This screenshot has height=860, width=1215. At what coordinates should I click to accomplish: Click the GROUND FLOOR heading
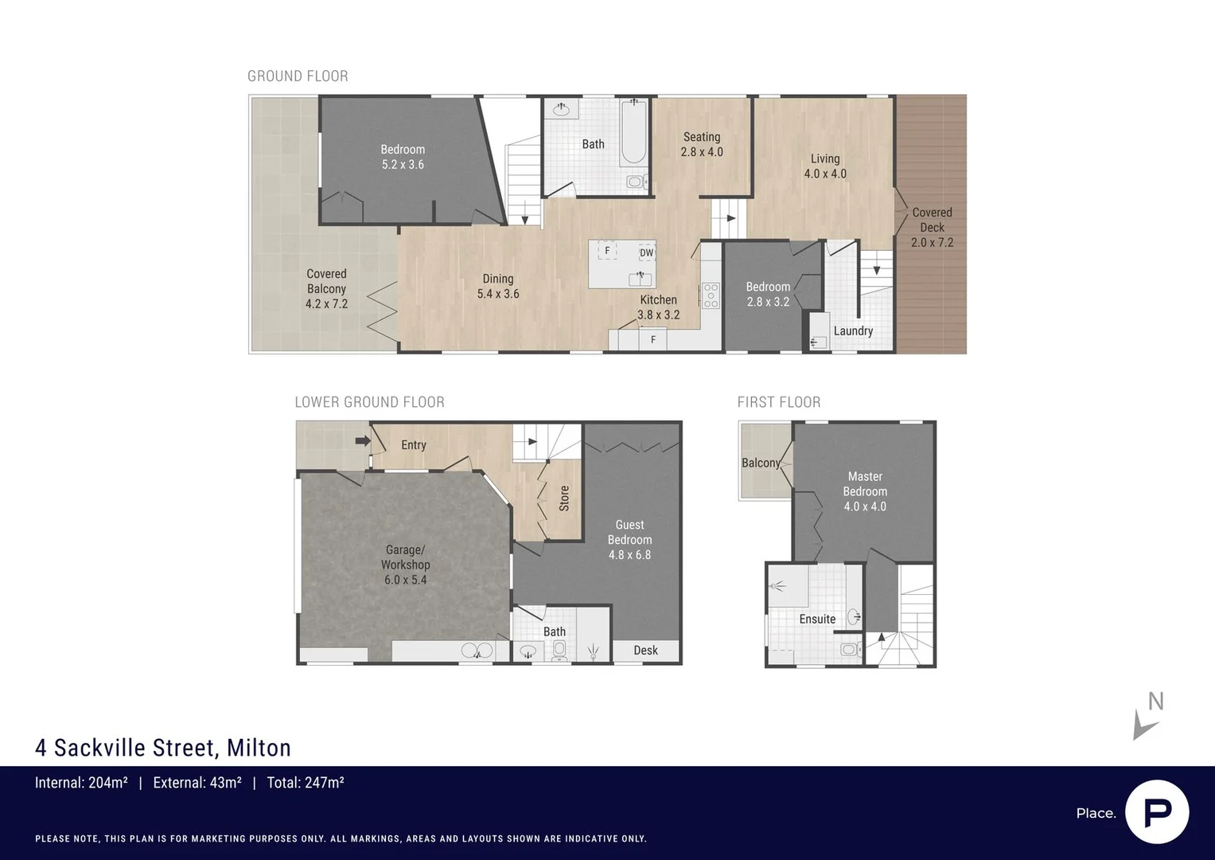pyautogui.click(x=298, y=76)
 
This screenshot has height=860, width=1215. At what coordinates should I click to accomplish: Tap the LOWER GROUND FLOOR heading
pyautogui.click(x=369, y=402)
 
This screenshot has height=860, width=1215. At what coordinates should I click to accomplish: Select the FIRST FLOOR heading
pyautogui.click(x=778, y=402)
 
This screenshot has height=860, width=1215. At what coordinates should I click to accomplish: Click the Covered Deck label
pyautogui.click(x=932, y=227)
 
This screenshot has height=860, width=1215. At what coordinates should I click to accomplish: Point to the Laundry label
pyautogui.click(x=853, y=331)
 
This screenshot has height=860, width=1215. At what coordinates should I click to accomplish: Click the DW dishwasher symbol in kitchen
pyautogui.click(x=646, y=253)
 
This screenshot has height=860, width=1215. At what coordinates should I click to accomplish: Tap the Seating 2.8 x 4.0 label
pyautogui.click(x=702, y=144)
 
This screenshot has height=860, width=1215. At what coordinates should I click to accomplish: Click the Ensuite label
pyautogui.click(x=817, y=619)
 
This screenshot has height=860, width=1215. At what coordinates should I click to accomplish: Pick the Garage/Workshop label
pyautogui.click(x=405, y=565)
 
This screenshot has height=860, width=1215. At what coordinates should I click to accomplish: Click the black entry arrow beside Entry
pyautogui.click(x=363, y=440)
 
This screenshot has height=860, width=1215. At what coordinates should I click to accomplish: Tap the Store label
pyautogui.click(x=564, y=498)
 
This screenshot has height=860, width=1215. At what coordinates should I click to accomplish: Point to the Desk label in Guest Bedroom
pyautogui.click(x=645, y=651)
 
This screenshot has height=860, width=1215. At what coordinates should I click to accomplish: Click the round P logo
pyautogui.click(x=1157, y=812)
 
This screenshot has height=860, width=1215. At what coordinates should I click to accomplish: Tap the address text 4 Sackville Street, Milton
pyautogui.click(x=163, y=748)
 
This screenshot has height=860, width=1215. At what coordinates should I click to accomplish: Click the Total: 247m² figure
pyautogui.click(x=306, y=783)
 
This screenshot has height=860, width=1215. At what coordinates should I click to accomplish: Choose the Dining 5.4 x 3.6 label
pyautogui.click(x=498, y=286)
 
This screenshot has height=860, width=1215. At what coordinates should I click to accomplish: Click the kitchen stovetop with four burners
pyautogui.click(x=711, y=295)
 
